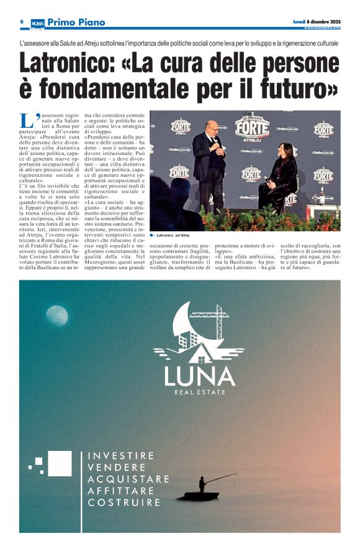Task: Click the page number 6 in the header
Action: [x=22, y=22]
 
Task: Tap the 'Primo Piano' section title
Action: [x=76, y=22]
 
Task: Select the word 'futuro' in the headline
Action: [x=296, y=90]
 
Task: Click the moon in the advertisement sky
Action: [x=56, y=316]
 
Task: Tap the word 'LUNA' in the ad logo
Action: [x=199, y=376]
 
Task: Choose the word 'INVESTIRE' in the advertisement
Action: [x=121, y=455]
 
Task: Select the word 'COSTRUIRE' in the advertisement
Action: [x=124, y=502]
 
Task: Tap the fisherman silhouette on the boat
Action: [x=202, y=485]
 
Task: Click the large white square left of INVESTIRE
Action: [x=60, y=463]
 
